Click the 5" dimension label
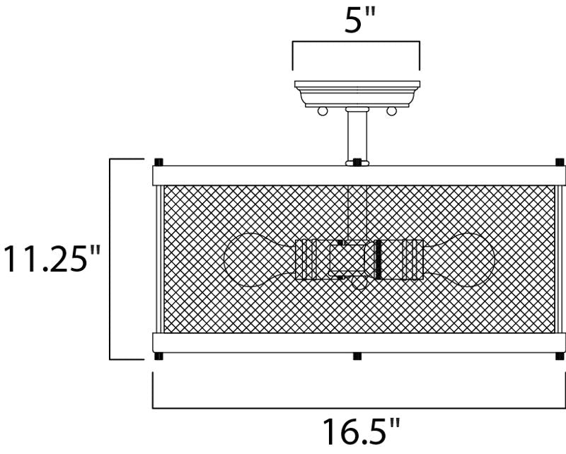(357, 21)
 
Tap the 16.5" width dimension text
(362, 431)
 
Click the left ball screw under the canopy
(322, 111)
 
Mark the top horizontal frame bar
(359, 175)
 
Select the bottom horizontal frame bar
(359, 342)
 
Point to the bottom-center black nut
(357, 356)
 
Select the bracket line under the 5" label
(357, 43)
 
